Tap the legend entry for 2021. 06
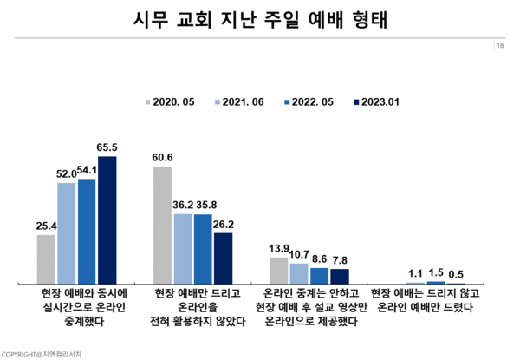click(241, 101)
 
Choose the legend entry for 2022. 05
click(309, 101)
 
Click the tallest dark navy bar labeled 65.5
click(107, 220)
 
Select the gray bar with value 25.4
click(46, 259)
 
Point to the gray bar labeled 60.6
click(162, 225)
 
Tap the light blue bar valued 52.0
click(67, 233)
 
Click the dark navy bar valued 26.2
click(223, 258)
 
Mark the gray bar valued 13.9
click(278, 270)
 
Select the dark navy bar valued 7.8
click(339, 276)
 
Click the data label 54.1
click(87, 171)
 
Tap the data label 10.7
click(299, 255)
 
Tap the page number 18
click(502, 45)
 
